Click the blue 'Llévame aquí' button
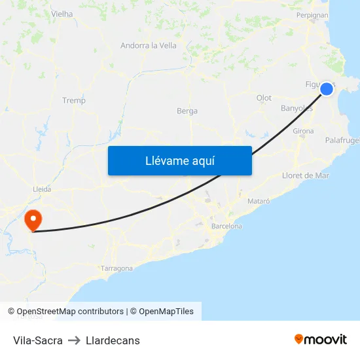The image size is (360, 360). pos(179,160)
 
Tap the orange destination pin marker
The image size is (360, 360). pos(31,219)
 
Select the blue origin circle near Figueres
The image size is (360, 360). pos(327,89)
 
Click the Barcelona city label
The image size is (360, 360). pos(226,226)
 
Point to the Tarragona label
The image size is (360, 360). pos(117,268)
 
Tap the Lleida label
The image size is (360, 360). pos(42,189)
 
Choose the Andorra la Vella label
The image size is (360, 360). pos(149,46)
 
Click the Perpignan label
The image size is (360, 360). pos(312,14)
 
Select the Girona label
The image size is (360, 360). pos(303,131)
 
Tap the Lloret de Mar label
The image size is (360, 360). pos(305,175)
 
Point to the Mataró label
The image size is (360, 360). pos(259,200)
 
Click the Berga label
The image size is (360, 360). pos(187,111)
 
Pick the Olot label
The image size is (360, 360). pos(264,98)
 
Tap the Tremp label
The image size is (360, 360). pos(74,100)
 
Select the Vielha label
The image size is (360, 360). pos(62,13)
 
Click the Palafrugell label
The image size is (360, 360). pos(342,140)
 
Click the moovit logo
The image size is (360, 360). pos(321,339)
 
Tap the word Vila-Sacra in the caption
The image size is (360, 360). pos(38,340)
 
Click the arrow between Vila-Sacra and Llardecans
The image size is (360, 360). pos(74,340)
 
